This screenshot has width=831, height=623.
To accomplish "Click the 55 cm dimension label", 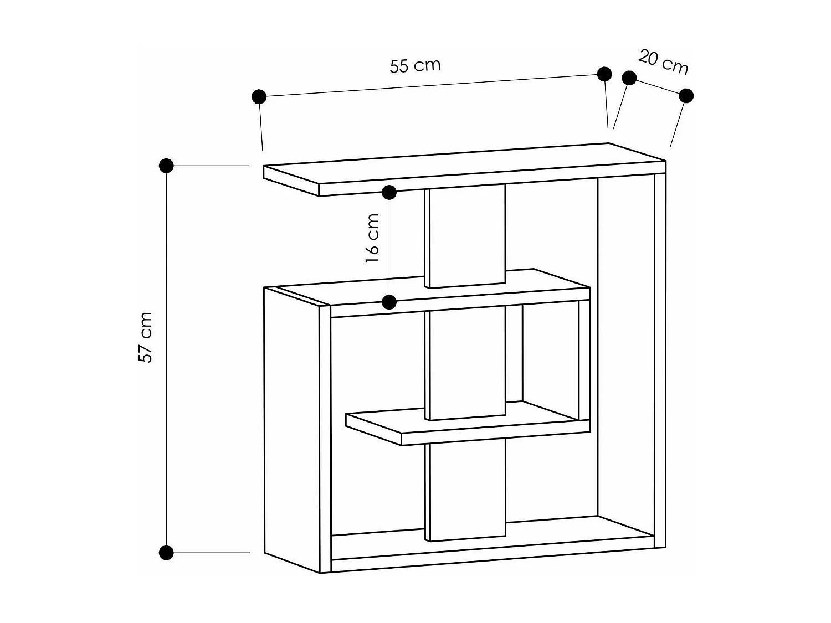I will pyautogui.click(x=415, y=66).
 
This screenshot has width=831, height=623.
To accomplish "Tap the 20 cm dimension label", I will pyautogui.click(x=663, y=62).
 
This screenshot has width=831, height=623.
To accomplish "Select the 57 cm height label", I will pyautogui.click(x=145, y=337).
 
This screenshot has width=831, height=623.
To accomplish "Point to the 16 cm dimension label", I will pyautogui.click(x=373, y=238).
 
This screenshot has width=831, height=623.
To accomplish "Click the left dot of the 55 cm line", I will pyautogui.click(x=259, y=97).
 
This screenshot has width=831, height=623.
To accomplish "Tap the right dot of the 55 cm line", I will pyautogui.click(x=604, y=74).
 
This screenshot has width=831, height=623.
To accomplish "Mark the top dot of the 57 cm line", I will pyautogui.click(x=166, y=165).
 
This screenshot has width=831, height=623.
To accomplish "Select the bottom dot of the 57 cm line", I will pyautogui.click(x=166, y=552).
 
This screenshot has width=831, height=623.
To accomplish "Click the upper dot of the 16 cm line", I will pyautogui.click(x=389, y=193).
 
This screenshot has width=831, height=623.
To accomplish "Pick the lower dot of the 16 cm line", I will pyautogui.click(x=389, y=302).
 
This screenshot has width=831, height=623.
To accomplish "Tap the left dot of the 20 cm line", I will pyautogui.click(x=629, y=78).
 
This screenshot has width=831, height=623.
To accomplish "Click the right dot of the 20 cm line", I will pyautogui.click(x=686, y=96).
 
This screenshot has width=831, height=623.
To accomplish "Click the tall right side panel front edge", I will pyautogui.click(x=660, y=360).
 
